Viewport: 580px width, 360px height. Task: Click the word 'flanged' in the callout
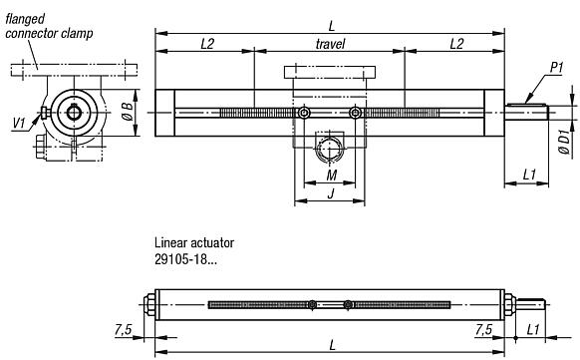(x=24, y=18)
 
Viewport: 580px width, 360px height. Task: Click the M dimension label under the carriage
(x=330, y=177)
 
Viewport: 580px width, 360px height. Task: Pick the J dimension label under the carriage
(x=330, y=193)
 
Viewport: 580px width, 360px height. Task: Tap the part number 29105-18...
(x=186, y=259)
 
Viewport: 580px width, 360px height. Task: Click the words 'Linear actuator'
(x=194, y=242)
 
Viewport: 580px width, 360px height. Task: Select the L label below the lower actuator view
(x=330, y=344)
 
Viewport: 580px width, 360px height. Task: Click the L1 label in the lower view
(x=533, y=329)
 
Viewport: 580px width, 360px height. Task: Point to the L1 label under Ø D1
(x=529, y=176)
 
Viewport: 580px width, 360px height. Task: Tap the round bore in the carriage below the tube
(x=330, y=149)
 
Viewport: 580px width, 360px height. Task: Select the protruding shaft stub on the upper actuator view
(x=527, y=112)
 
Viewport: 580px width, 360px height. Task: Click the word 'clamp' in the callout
(x=76, y=33)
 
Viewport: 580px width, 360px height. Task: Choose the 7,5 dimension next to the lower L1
(x=483, y=329)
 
